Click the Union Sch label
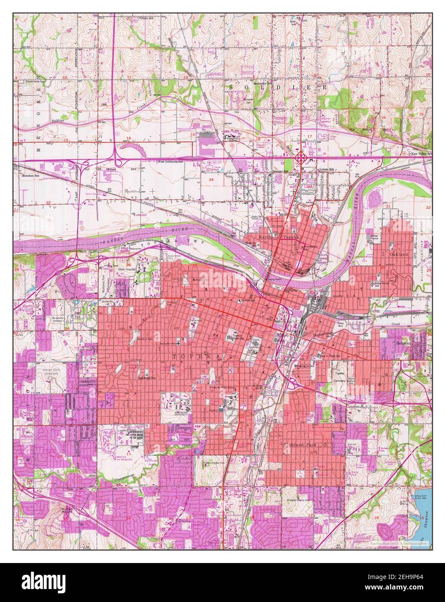146,18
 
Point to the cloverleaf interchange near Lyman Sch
302,159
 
